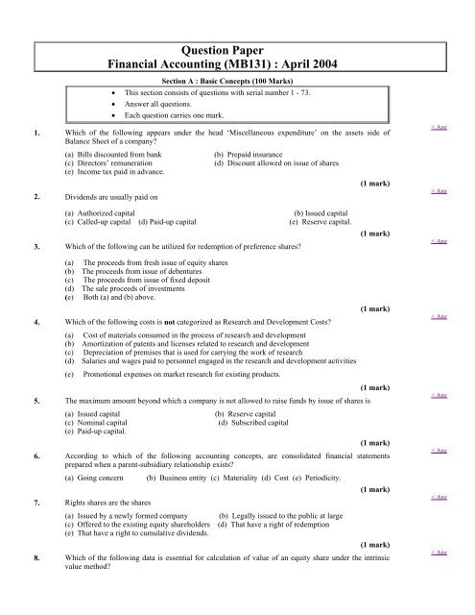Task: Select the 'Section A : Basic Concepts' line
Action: click(238, 84)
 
